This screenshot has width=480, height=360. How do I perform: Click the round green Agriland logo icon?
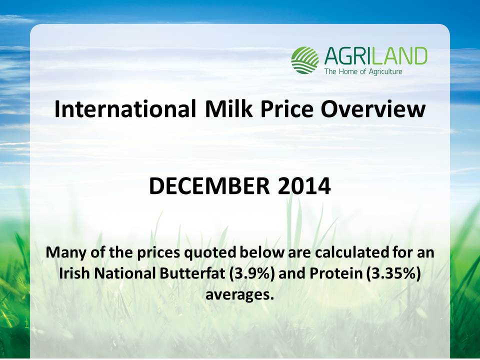point(305,60)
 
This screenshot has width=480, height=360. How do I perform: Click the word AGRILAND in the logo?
point(375,56)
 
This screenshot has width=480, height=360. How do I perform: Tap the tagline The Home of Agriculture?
point(363,72)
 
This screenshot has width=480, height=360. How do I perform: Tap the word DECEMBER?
point(209,186)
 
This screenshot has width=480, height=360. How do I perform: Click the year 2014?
point(304,186)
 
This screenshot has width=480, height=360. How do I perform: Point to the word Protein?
point(336,273)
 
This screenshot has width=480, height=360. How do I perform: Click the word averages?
point(239,295)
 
